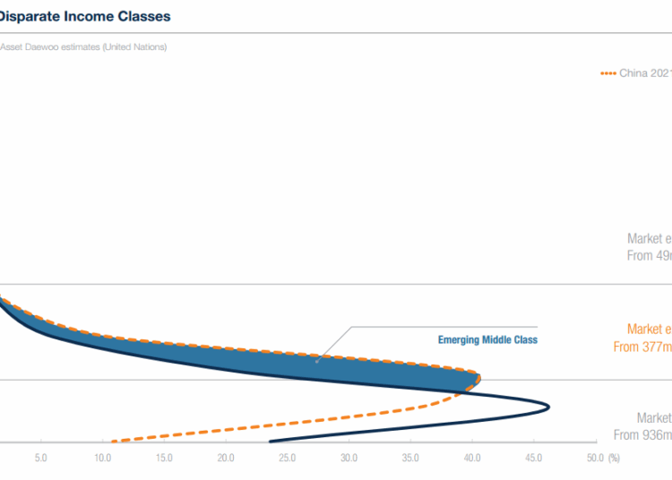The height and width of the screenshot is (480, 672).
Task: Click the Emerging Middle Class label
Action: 487,340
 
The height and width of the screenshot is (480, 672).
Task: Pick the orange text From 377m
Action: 642,347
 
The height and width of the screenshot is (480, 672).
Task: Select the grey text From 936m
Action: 642,435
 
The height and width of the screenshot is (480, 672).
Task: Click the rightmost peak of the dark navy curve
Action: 548,407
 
